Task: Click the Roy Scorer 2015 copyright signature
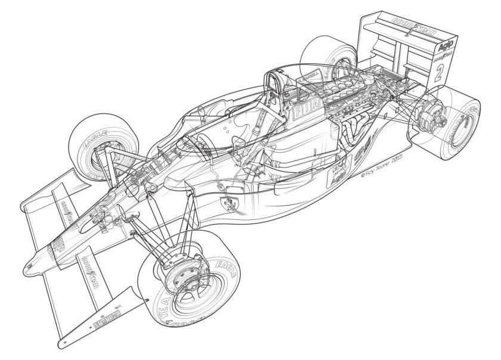tap(380, 175)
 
